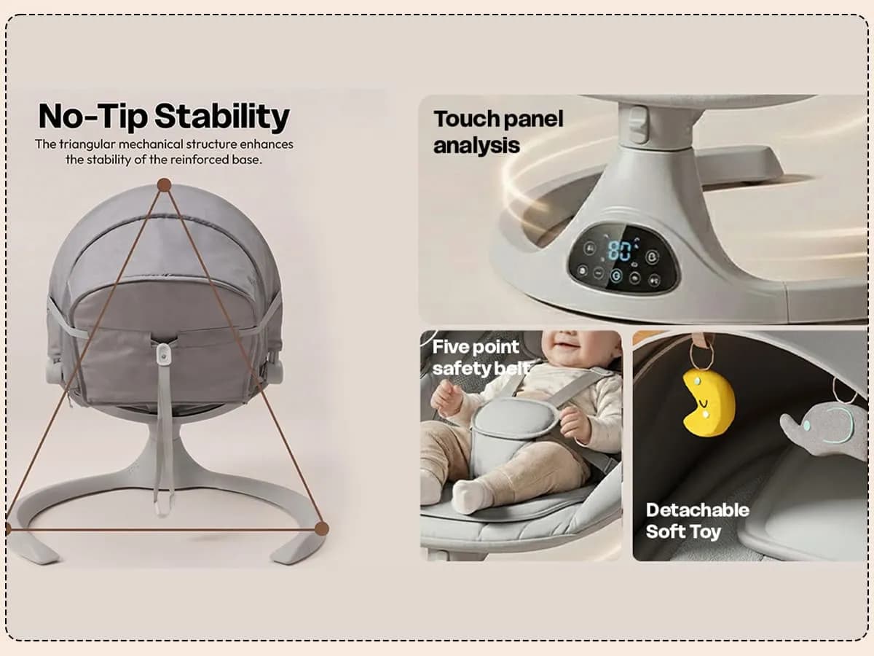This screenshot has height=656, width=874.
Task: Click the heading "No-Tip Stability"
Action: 164,117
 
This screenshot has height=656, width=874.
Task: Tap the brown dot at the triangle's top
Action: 164,185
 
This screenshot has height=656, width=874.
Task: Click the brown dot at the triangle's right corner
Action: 321,528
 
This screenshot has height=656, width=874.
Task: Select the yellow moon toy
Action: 708,402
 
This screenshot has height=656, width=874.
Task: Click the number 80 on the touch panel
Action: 620,251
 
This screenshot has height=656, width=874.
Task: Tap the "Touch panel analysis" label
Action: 498,132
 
